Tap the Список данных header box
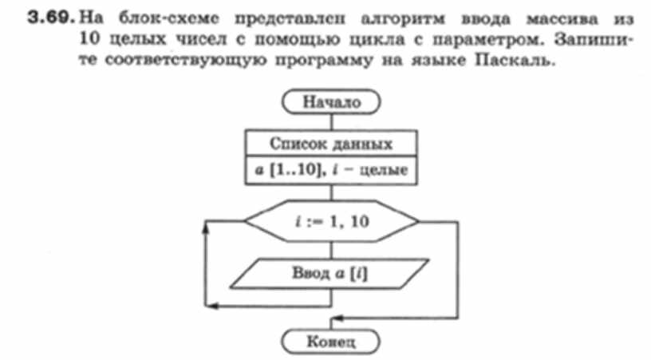tap(330, 144)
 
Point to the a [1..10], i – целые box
tap(330, 170)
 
